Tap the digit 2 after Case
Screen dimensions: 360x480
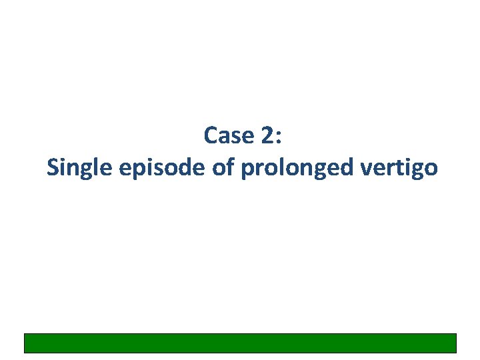(269, 135)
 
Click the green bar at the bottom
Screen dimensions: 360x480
(240, 343)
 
